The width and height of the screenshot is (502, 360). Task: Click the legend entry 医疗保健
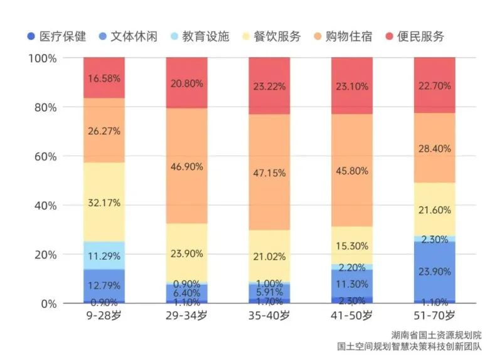tap(61, 36)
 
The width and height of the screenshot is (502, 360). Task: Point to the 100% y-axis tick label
tap(43, 58)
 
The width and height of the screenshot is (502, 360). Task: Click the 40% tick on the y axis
tap(45, 206)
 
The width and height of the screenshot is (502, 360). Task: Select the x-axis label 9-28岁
tap(104, 316)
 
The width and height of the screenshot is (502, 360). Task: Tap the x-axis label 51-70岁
tap(434, 316)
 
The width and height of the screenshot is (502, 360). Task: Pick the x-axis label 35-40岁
tap(269, 316)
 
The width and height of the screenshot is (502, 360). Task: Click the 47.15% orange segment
tap(269, 172)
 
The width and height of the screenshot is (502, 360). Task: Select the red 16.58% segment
tap(104, 78)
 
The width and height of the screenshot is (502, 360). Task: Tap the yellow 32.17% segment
tap(104, 202)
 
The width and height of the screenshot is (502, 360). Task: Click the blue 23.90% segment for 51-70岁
tap(434, 271)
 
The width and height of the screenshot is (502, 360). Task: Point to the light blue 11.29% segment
tap(104, 255)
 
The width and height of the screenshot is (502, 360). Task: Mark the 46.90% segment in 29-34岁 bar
tap(186, 166)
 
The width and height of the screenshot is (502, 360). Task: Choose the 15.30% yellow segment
tap(351, 245)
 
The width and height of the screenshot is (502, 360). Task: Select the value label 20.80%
tap(186, 82)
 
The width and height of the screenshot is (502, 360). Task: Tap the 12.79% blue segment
tap(104, 285)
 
